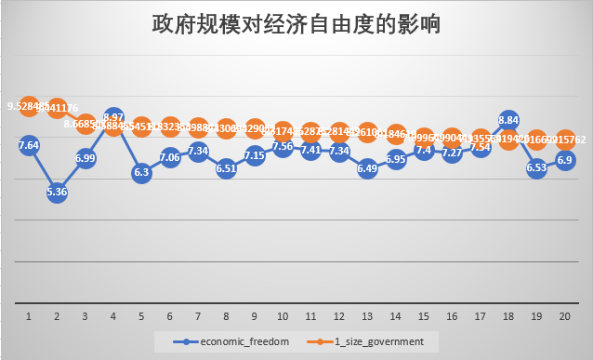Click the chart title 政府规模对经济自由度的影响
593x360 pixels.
click(296, 25)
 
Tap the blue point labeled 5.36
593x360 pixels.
click(57, 193)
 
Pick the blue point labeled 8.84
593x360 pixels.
click(508, 120)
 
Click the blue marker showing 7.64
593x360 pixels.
click(29, 145)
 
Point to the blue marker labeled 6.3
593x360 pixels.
click(141, 172)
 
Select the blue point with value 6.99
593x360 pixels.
click(86, 158)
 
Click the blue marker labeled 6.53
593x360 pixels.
click(536, 167)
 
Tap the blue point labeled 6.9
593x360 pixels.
click(564, 160)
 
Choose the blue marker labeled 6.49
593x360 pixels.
click(367, 168)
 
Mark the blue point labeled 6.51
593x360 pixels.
click(226, 168)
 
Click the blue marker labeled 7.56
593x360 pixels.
click(283, 146)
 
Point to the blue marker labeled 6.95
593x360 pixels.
click(396, 159)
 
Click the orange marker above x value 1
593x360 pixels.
click(29, 106)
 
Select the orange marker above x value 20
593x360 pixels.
click(564, 140)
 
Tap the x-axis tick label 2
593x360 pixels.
click(57, 315)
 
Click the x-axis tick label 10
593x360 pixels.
click(283, 315)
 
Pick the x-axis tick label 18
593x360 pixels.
click(508, 315)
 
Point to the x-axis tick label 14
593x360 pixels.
click(396, 315)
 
